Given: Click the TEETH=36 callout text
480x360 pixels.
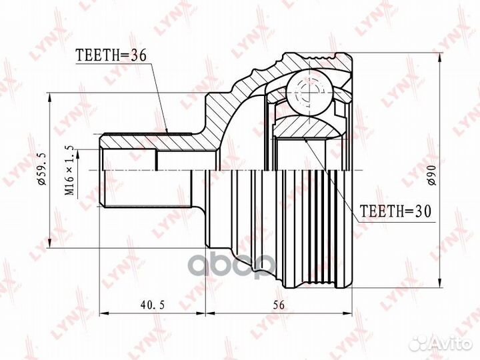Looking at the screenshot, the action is (x=111, y=55).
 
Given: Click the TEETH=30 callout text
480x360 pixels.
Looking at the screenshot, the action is (x=395, y=211).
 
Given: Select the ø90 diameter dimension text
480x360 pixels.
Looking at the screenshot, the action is (x=431, y=175).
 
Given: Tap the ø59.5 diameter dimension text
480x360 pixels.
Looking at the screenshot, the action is (x=41, y=169).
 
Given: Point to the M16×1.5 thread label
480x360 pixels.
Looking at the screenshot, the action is (x=69, y=171).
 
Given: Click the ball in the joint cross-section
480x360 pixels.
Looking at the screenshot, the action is (x=310, y=93).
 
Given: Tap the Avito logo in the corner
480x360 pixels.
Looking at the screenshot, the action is (x=441, y=343).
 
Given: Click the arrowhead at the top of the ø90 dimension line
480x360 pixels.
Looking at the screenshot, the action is (x=440, y=58).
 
